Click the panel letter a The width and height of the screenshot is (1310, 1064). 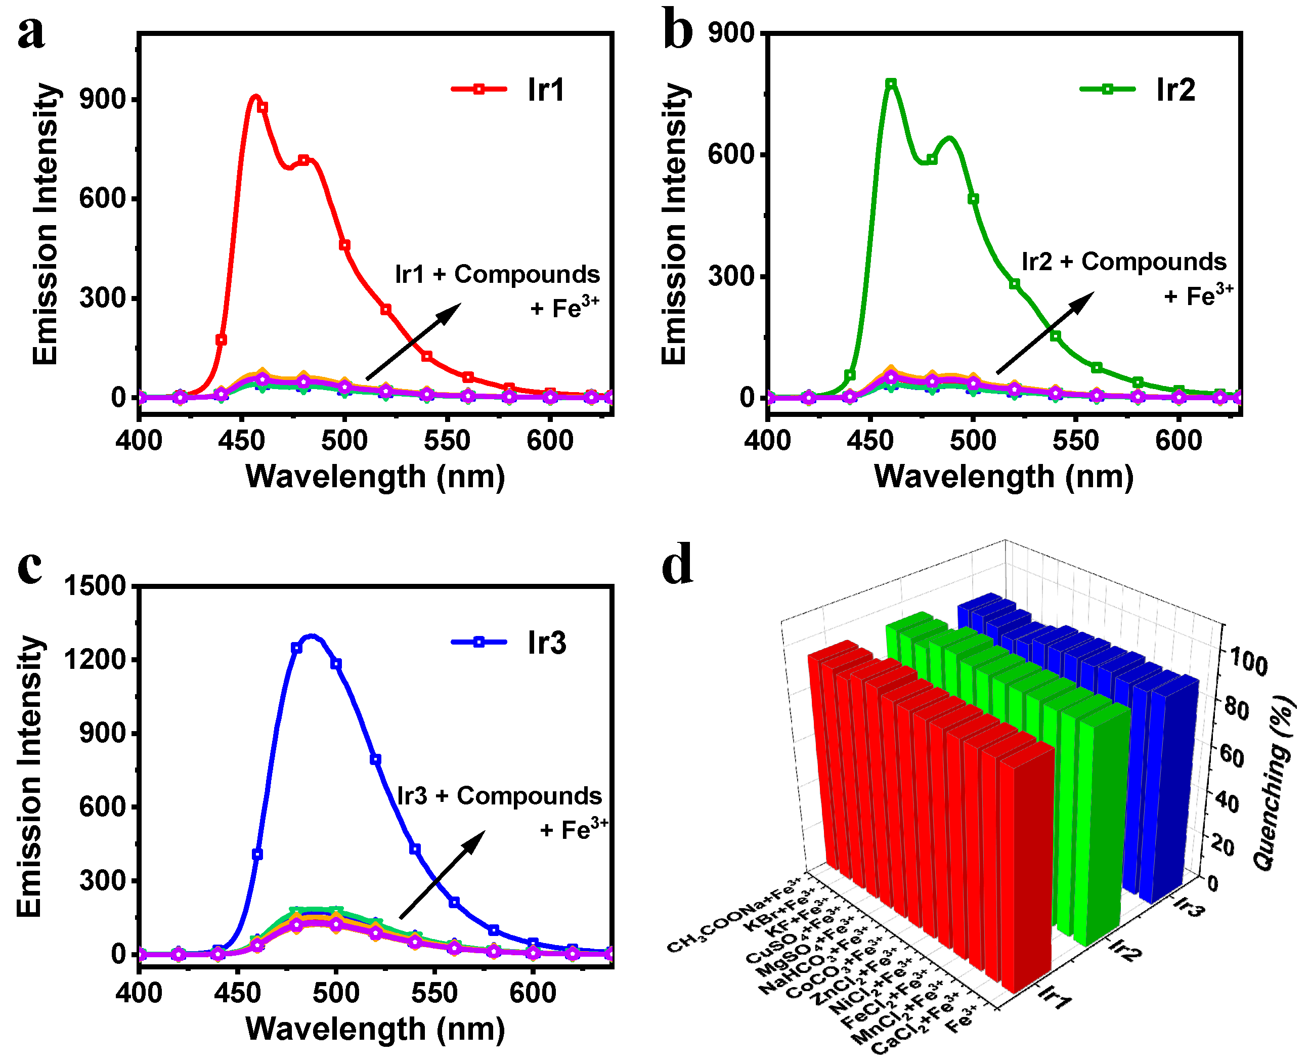point(31,34)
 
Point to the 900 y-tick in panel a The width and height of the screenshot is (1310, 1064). point(101,99)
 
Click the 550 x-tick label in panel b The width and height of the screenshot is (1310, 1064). point(1075,441)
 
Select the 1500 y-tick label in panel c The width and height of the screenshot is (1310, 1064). point(95,586)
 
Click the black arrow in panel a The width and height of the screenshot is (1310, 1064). point(414,342)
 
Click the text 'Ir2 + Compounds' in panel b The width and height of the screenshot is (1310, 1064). point(1124,262)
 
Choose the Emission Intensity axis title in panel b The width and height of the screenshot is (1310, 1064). point(675,224)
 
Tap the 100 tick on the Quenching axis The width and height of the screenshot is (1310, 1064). point(1248,663)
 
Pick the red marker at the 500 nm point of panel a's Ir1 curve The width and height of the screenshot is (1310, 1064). point(344,245)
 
